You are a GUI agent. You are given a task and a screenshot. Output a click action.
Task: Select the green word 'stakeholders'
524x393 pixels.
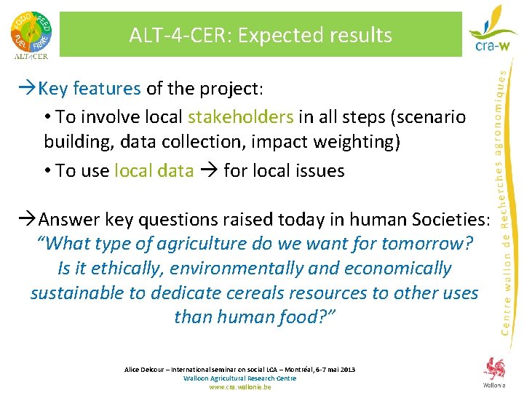241,117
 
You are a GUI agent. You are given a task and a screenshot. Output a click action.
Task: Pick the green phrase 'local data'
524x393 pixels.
154,171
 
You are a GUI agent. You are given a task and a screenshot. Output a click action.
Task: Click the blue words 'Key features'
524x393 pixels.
90,89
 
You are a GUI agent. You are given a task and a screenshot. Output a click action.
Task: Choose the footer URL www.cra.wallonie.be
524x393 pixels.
240,387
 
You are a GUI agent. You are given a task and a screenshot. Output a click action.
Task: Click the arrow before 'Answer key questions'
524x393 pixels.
31,219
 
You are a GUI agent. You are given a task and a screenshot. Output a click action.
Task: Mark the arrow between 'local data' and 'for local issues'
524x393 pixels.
208,171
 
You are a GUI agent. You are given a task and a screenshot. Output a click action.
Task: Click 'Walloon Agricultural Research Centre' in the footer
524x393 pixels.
240,378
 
